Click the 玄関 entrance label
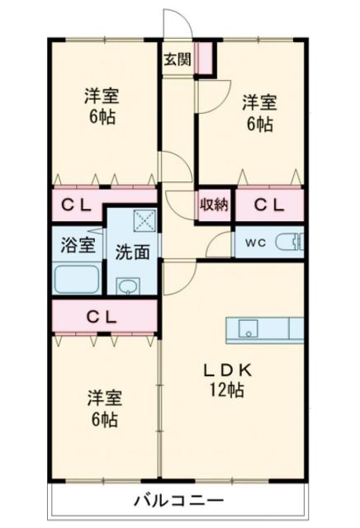[175, 59]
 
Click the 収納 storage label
[213, 205]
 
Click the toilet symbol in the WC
[289, 242]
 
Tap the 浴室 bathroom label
[78, 244]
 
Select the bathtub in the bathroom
[77, 280]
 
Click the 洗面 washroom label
[132, 252]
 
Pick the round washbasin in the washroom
[127, 285]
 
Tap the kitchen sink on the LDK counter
[249, 329]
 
